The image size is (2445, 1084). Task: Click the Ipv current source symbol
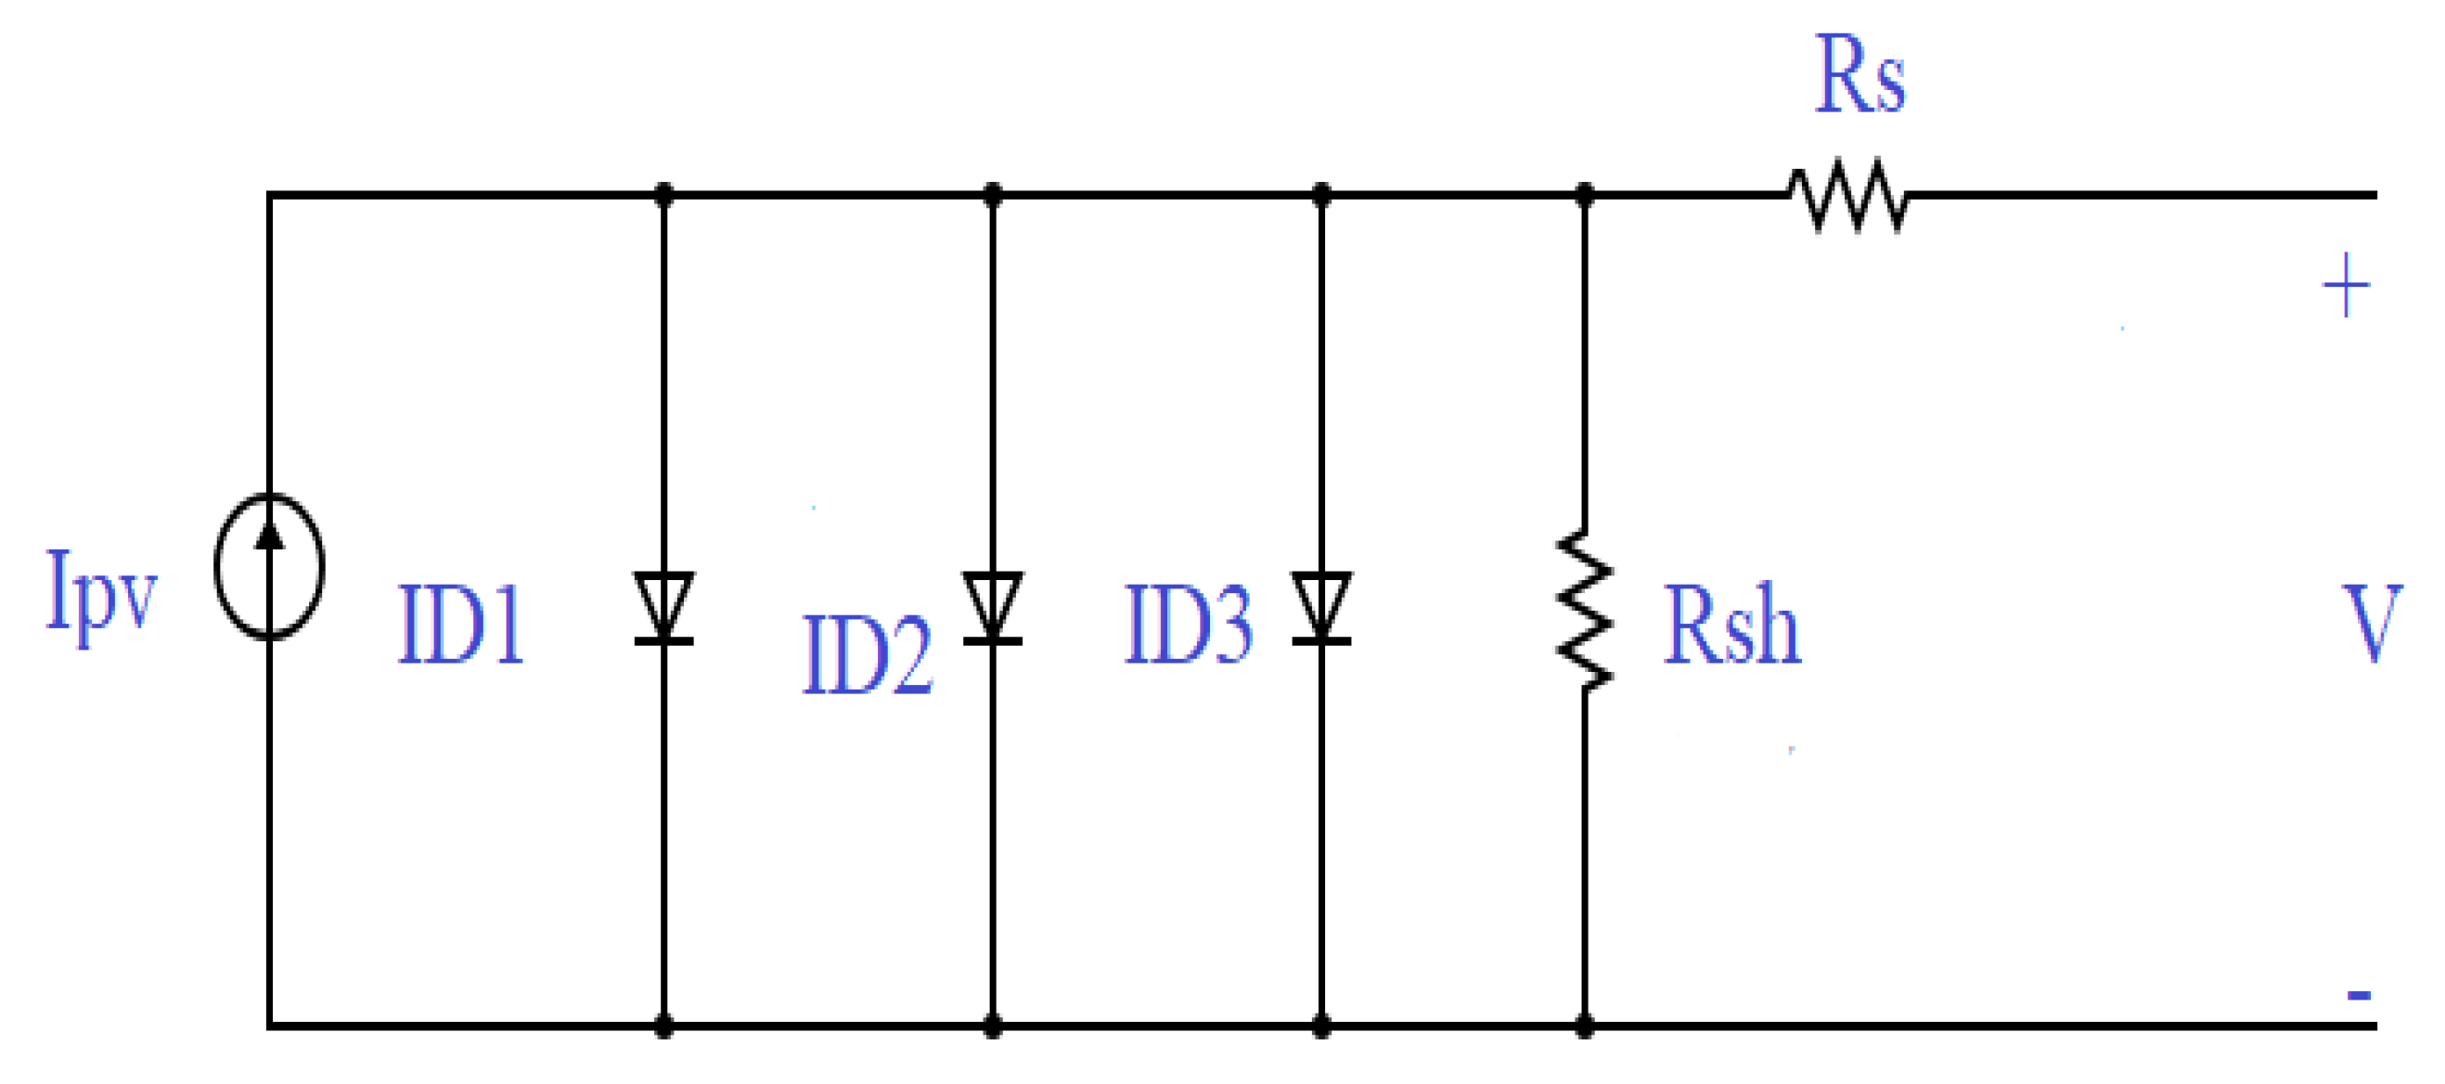[x=270, y=567]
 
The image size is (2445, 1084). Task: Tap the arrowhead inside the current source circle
[x=271, y=536]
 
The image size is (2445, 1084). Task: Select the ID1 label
[x=461, y=625]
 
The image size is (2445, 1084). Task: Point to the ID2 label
[x=868, y=655]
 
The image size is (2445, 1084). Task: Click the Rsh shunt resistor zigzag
[x=1584, y=610]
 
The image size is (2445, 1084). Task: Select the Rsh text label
[x=1732, y=625]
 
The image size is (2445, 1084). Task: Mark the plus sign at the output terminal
[x=2346, y=285]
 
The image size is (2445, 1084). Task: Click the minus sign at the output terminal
[x=2359, y=995]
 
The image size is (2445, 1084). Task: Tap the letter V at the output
[x=2372, y=624]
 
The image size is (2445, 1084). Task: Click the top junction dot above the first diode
[x=663, y=195]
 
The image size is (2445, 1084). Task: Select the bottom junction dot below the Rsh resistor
[x=1584, y=1026]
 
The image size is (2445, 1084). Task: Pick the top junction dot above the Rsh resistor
[x=1584, y=195]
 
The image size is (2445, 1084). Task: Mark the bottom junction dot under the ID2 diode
[x=992, y=1026]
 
